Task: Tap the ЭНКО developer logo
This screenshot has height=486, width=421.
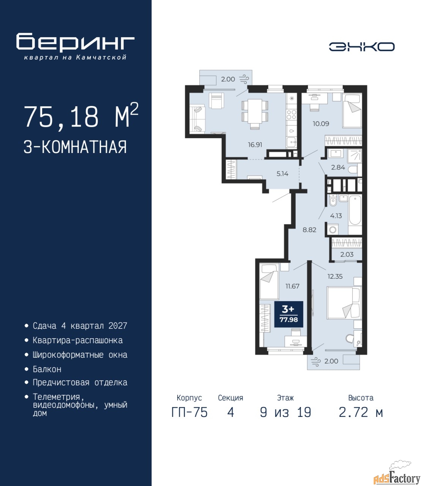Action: pos(361,47)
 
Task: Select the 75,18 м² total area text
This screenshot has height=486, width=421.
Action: pos(81,117)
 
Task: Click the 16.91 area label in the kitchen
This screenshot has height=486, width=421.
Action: pos(255,145)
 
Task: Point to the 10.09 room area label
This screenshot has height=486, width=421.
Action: pos(321,123)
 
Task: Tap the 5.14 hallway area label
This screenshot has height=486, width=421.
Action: pos(282,174)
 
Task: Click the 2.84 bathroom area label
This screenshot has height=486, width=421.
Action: pos(338,167)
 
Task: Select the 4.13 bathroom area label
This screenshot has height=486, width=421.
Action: pos(336,216)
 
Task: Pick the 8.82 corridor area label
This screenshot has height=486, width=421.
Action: pos(309,230)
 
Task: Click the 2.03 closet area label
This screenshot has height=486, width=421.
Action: pos(347,254)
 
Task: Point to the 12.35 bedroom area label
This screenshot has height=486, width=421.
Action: pos(335,276)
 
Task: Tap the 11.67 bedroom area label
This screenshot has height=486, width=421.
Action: pos(292,286)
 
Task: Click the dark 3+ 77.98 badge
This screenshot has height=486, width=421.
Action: pos(289,314)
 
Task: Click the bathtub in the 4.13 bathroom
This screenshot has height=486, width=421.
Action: pos(355,211)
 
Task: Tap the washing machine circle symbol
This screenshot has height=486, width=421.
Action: pos(333,229)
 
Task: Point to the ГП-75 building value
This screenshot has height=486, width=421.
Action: pos(189,419)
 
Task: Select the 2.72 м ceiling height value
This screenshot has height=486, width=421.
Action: pos(361,419)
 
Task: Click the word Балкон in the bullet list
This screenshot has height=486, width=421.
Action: pos(47,369)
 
